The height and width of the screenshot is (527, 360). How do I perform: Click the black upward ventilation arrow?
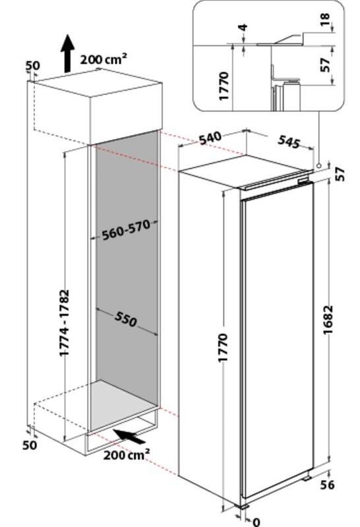[x=68, y=53]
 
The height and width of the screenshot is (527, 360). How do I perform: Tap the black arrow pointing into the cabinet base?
[x=129, y=436]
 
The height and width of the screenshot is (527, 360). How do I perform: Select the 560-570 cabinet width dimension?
[x=126, y=230]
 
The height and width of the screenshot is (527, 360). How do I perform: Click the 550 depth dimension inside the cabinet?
[x=126, y=319]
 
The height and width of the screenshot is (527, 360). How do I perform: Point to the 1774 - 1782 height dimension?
[x=64, y=323]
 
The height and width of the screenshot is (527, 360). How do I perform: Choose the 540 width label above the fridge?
[x=210, y=138]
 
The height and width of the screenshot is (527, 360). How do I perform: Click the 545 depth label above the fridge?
[x=289, y=142]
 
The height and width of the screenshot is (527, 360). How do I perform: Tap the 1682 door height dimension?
[x=328, y=319]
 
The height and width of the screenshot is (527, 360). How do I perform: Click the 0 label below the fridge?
[x=256, y=522]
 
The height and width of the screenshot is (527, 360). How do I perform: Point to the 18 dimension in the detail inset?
[x=325, y=20]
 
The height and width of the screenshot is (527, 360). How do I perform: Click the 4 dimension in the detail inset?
[x=243, y=27]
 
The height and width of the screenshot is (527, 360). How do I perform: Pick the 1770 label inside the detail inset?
[x=224, y=86]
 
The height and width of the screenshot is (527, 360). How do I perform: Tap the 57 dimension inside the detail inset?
[x=325, y=65]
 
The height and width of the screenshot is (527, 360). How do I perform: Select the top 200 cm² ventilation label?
[x=104, y=59]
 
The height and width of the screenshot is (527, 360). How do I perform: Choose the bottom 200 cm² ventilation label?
[x=127, y=455]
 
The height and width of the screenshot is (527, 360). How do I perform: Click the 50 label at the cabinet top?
[x=32, y=65]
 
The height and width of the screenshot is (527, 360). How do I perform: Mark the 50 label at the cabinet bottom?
[x=30, y=445]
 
